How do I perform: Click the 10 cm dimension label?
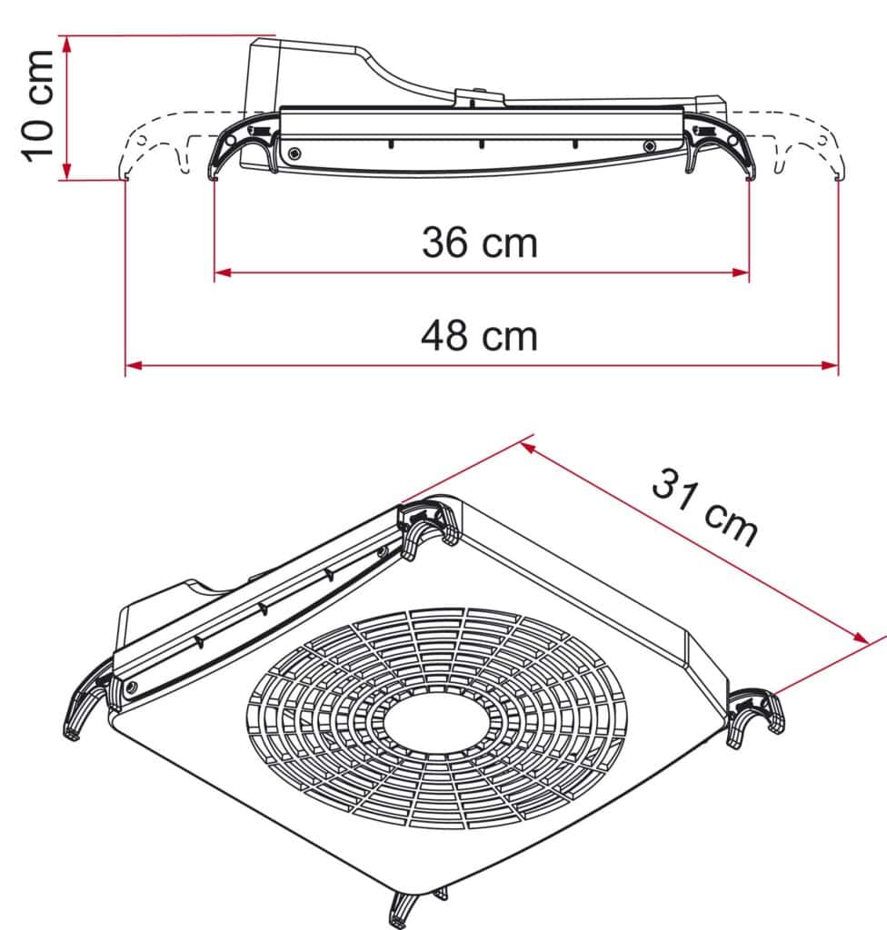(39, 107)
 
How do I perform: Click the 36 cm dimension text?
(479, 242)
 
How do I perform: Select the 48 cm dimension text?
(479, 335)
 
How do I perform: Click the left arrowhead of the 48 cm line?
(132, 365)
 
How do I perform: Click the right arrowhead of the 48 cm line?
(831, 365)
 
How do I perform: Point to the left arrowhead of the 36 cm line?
(221, 272)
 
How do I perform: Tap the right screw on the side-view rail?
(648, 146)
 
